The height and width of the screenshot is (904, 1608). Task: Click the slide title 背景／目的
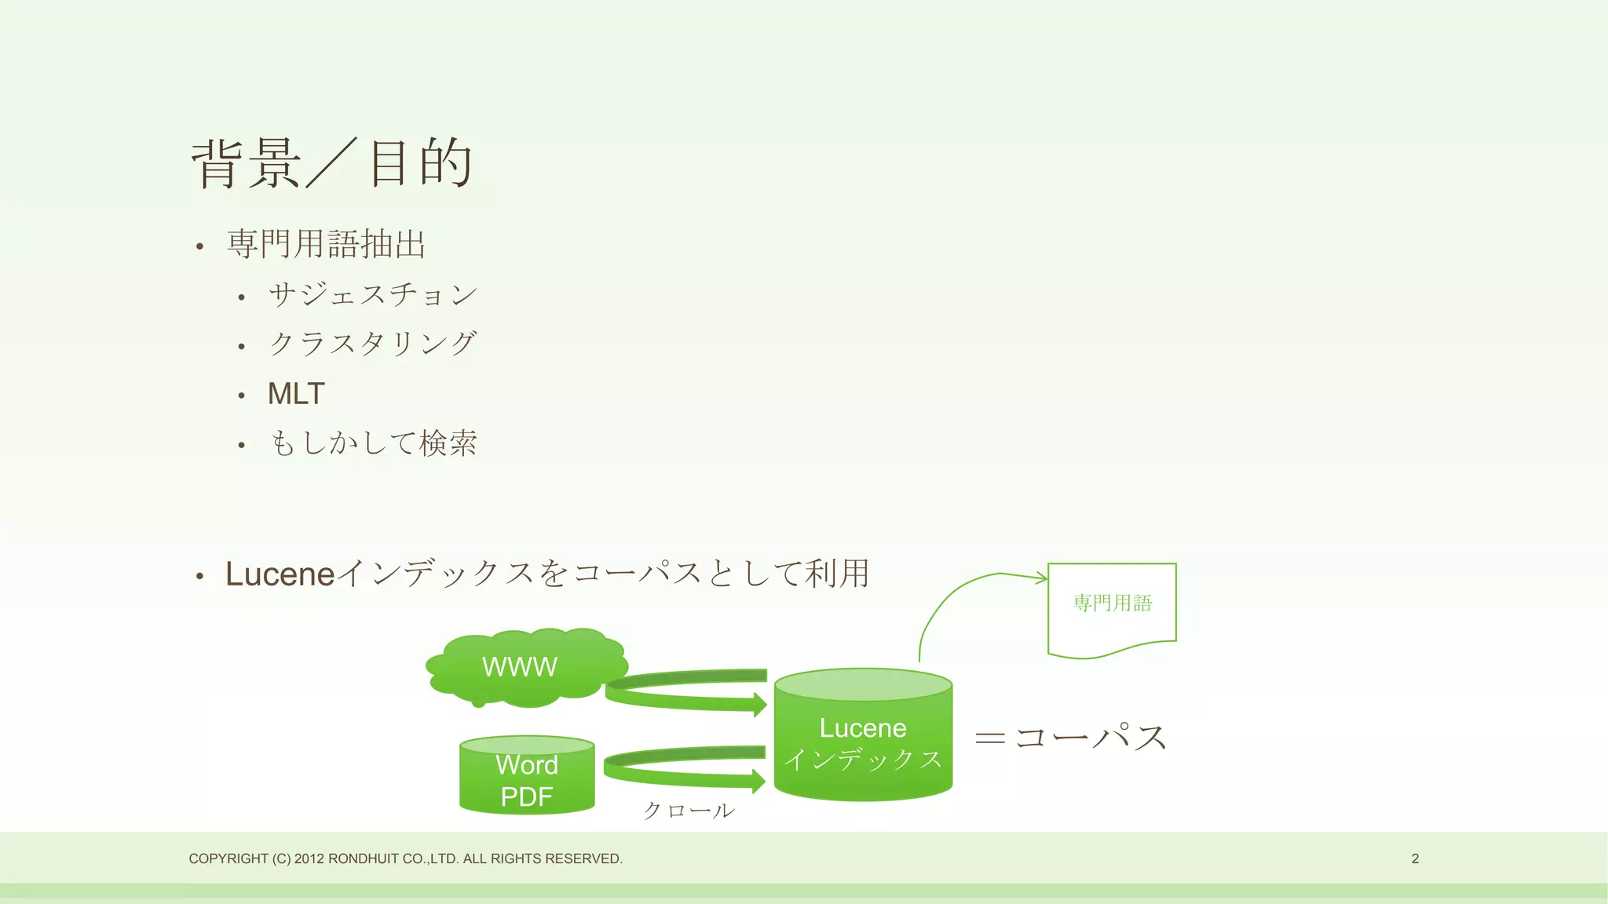pos(331,163)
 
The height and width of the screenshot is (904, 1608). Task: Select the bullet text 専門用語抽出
pos(326,244)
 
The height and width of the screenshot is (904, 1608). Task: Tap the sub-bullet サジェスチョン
pos(373,294)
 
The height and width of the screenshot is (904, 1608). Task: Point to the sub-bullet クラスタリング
pos(373,344)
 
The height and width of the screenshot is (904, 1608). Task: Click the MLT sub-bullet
pos(296,394)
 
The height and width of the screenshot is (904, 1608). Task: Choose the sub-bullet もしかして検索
pos(373,443)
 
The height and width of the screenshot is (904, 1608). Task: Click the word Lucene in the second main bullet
pos(280,574)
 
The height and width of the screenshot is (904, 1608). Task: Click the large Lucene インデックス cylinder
pos(863,742)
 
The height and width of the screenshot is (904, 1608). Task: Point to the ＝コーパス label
pos(1071,738)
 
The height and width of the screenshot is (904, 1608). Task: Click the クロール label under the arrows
pos(689,811)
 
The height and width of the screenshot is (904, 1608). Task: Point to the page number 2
pos(1415,858)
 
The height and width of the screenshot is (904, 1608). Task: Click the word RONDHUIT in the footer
pos(363,858)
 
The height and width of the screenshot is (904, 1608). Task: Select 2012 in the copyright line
pos(309,858)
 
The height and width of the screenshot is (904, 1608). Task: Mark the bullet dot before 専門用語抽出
pos(200,247)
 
